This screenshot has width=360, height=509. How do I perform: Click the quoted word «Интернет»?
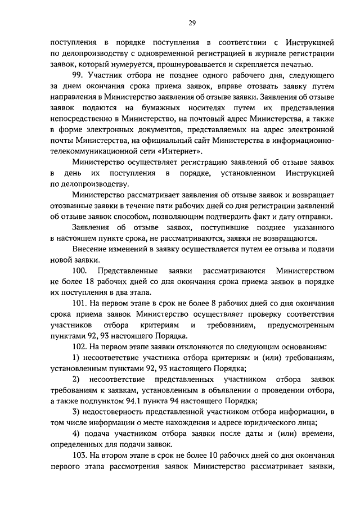coord(179,152)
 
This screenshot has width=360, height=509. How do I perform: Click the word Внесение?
coord(89,249)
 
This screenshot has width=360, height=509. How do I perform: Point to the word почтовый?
coord(210,119)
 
